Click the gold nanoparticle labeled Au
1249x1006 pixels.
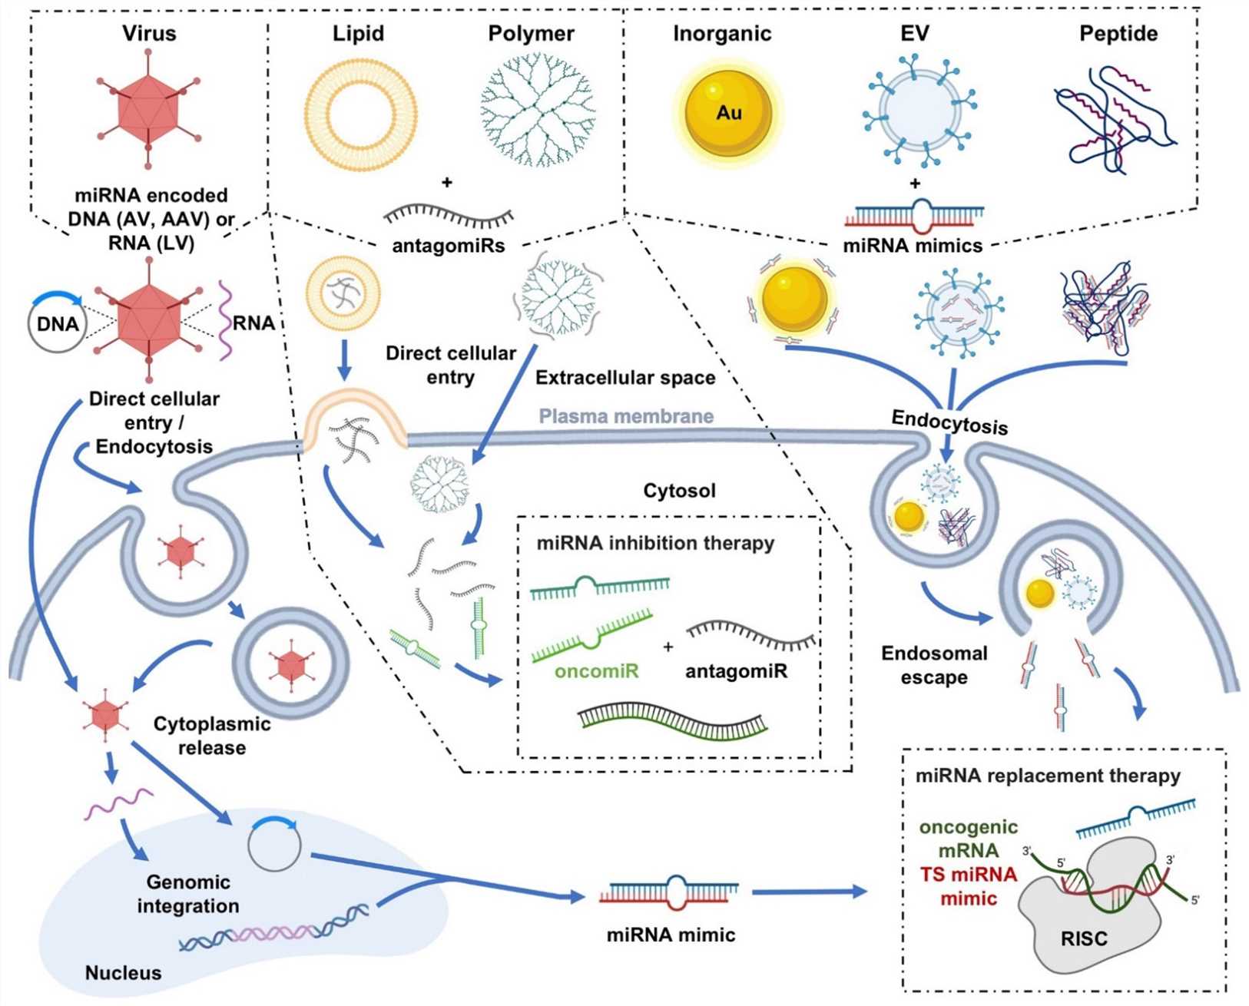(727, 113)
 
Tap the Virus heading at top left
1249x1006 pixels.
(149, 34)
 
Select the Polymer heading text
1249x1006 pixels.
(531, 34)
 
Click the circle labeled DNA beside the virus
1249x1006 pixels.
(58, 323)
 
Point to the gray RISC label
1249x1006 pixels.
(1084, 938)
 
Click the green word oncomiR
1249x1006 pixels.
(597, 671)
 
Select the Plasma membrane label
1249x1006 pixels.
(626, 416)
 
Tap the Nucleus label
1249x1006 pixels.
(123, 973)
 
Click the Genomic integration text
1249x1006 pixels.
(188, 894)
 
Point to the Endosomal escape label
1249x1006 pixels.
(934, 665)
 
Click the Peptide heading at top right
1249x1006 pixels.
(1118, 34)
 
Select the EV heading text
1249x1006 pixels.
(914, 34)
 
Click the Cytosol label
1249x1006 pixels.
(679, 491)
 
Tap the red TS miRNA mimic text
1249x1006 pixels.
(969, 886)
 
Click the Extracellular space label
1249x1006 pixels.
(625, 378)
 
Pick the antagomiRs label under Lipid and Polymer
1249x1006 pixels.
(449, 246)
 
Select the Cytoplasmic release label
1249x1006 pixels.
(212, 736)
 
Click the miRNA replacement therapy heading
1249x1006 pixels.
(1048, 776)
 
